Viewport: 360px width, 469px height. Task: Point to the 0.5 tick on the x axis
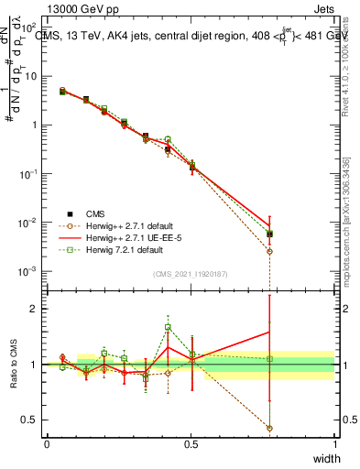(x=191, y=444)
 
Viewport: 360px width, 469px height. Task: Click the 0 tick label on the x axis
(x=47, y=444)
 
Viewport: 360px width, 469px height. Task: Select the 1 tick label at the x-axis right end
(x=334, y=444)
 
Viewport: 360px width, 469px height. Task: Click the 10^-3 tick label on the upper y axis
(x=29, y=271)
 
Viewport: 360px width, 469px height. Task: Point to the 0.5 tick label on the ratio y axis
(x=31, y=420)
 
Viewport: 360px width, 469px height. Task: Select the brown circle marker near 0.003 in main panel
(x=269, y=251)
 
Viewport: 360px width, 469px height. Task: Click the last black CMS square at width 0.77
(x=269, y=234)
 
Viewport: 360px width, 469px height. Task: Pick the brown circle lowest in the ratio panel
(x=269, y=428)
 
